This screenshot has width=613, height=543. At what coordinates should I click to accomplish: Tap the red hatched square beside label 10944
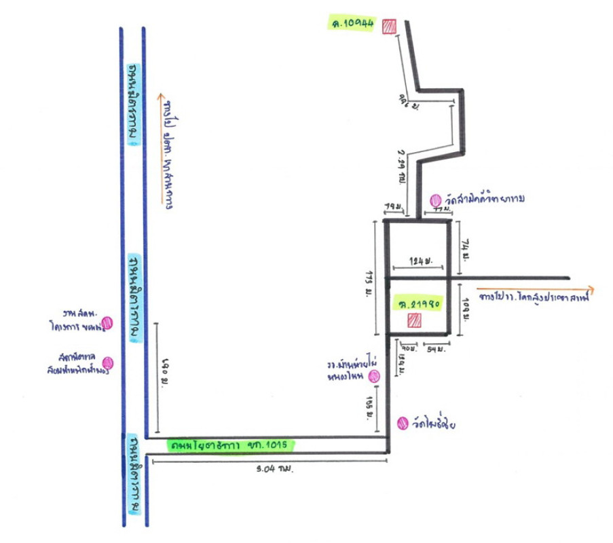click(x=389, y=26)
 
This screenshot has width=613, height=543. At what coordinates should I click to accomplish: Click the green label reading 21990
click(x=415, y=301)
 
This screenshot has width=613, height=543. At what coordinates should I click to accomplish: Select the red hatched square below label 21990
click(x=413, y=320)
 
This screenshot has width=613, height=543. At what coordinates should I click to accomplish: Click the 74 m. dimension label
click(x=466, y=249)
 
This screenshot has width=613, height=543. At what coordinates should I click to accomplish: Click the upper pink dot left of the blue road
click(x=107, y=323)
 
